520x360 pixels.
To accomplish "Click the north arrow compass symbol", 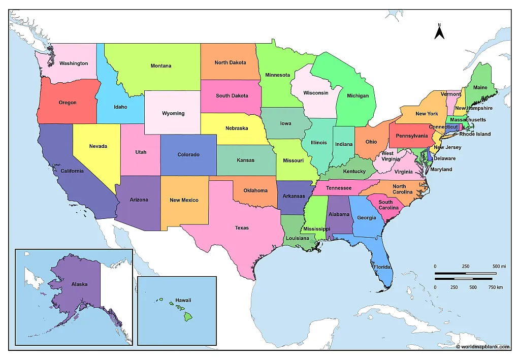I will pyautogui.click(x=440, y=32).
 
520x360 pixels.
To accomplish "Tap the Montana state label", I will pyautogui.click(x=160, y=66).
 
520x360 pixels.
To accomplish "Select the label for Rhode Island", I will pyautogui.click(x=475, y=134).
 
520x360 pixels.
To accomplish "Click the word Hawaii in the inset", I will pyautogui.click(x=183, y=300).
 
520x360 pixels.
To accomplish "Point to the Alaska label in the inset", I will pyautogui.click(x=79, y=284).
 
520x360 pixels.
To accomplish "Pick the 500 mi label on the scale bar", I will pyautogui.click(x=499, y=267).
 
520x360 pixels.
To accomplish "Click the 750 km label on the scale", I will pyautogui.click(x=496, y=287).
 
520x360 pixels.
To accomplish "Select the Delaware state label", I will pyautogui.click(x=445, y=158).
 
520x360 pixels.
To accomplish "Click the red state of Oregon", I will pyautogui.click(x=68, y=103).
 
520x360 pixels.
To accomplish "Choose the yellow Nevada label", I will pyautogui.click(x=98, y=146).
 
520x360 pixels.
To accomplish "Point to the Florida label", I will pyautogui.click(x=382, y=267).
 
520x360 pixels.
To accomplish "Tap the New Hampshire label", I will pyautogui.click(x=473, y=108).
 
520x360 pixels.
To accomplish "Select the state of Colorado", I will pyautogui.click(x=188, y=154).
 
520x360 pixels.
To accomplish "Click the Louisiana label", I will pyautogui.click(x=297, y=238).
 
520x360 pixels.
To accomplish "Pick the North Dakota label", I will pyautogui.click(x=230, y=63).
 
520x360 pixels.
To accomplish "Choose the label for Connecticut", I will pyautogui.click(x=443, y=127).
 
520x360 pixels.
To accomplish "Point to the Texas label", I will pyautogui.click(x=242, y=228).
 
